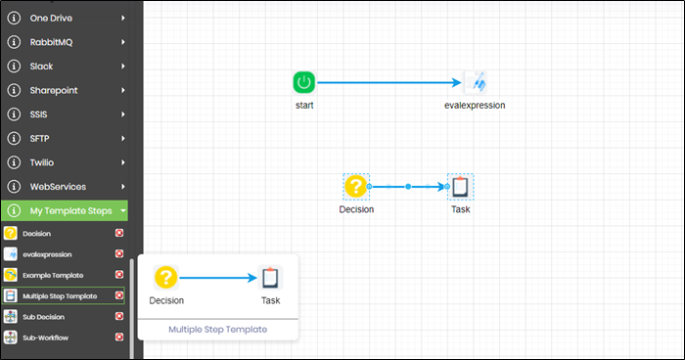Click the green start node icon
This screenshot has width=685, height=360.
click(x=303, y=82)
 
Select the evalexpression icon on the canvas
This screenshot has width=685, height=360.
click(x=475, y=82)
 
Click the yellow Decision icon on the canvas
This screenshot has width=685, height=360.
click(x=356, y=186)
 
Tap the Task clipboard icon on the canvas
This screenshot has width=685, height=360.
click(x=460, y=186)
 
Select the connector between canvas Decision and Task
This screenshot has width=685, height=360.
click(x=407, y=186)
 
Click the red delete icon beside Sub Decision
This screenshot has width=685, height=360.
click(x=119, y=317)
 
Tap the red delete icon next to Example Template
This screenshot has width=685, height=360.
click(x=119, y=275)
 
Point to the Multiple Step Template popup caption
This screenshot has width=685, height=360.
click(x=217, y=330)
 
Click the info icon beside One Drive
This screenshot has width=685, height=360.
click(x=14, y=18)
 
